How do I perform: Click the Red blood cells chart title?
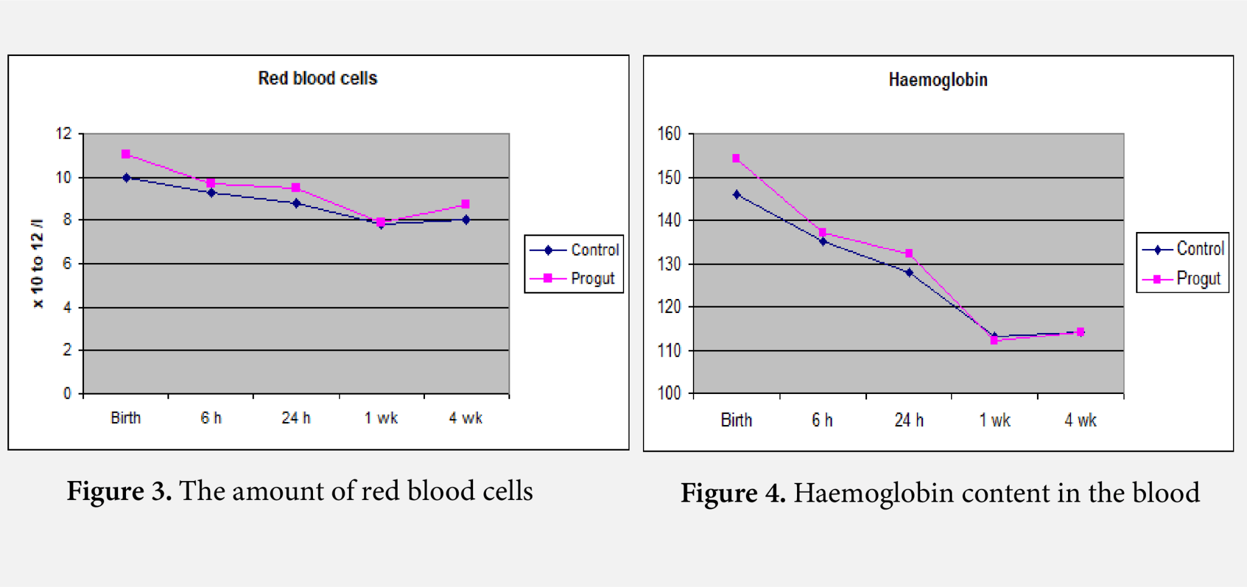(x=317, y=79)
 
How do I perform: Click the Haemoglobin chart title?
(x=938, y=80)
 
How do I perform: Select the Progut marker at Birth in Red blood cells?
(x=126, y=154)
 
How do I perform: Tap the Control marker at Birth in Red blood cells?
(x=127, y=178)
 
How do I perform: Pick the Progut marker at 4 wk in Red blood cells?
(x=465, y=204)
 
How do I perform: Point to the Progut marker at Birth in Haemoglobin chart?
(x=736, y=158)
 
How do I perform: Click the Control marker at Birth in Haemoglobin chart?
(x=737, y=195)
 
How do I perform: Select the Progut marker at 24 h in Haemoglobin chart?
(x=909, y=253)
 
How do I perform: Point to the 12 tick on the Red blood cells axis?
(x=63, y=134)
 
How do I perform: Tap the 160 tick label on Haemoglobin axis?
(x=669, y=134)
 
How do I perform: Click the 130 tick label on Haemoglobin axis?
(x=669, y=264)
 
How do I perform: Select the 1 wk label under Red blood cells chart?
(x=381, y=418)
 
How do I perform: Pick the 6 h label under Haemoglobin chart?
(x=822, y=420)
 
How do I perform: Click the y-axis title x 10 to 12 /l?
(x=38, y=263)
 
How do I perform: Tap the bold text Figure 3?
(x=119, y=491)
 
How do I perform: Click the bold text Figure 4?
(x=733, y=493)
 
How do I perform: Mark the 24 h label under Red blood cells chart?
(x=296, y=418)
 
